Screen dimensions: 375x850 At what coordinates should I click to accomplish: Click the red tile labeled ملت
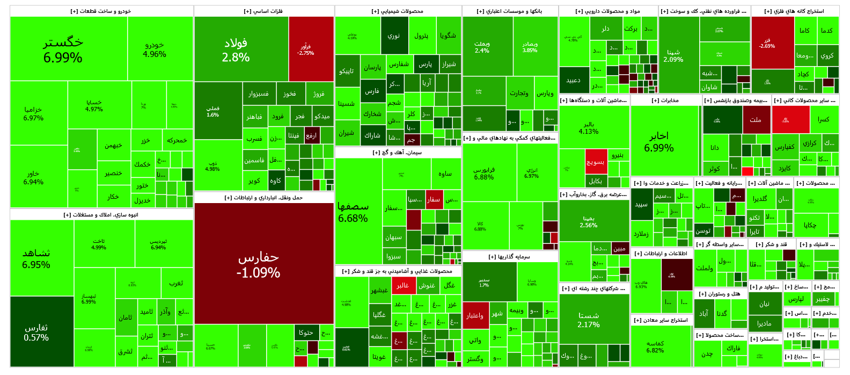coord(756,120)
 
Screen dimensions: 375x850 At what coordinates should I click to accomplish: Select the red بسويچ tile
coord(596,161)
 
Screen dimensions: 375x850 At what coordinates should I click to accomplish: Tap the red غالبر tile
coord(402,285)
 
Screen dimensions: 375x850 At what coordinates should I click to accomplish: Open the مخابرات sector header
coord(665,100)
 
